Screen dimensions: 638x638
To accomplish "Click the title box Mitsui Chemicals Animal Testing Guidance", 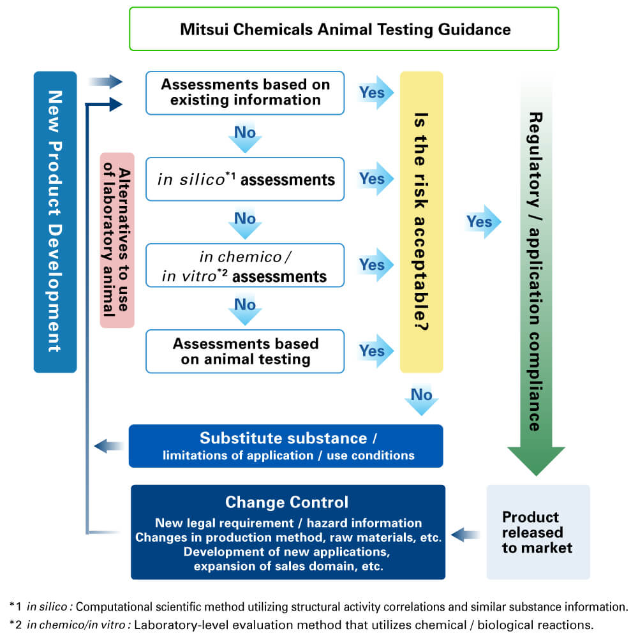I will click(345, 29).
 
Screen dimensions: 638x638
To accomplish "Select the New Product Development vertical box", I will click(55, 222).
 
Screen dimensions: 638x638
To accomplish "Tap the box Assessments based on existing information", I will click(245, 93).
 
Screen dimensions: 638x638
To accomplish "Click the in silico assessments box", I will click(245, 179).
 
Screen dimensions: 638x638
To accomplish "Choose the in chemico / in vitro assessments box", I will click(245, 265).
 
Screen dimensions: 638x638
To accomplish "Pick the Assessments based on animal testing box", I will click(245, 351).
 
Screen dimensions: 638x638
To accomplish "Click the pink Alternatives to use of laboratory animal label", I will click(117, 240).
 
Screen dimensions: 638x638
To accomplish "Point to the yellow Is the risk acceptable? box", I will click(421, 222).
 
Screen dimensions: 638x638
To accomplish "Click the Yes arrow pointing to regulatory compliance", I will click(482, 222).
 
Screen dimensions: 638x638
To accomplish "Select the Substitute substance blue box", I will click(286, 446).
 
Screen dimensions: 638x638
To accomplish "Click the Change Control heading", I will click(287, 501).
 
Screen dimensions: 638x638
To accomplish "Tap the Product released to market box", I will click(538, 532).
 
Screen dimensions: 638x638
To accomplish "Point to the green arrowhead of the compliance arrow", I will click(536, 459).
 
